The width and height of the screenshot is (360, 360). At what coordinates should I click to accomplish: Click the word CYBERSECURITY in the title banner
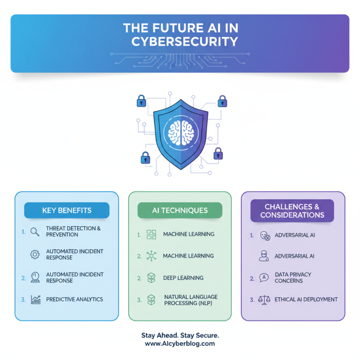184,42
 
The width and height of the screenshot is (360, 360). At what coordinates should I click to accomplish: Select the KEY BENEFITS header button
67,210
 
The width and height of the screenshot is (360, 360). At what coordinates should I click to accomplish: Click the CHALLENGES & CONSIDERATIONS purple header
292,211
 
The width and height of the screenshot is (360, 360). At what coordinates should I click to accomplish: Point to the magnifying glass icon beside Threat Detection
35,232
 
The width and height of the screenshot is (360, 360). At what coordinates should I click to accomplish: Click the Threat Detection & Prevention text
73,231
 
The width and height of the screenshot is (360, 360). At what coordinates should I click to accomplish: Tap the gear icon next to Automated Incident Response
35,254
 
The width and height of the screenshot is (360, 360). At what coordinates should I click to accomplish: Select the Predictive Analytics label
74,299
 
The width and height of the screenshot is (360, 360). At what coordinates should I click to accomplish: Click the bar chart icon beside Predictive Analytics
36,300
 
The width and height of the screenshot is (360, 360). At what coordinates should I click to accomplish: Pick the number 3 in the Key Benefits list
23,299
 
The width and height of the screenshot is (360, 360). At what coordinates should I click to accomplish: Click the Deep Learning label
183,278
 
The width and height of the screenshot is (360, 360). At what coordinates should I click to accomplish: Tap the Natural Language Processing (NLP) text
190,300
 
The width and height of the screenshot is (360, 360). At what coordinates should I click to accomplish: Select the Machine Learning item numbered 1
188,234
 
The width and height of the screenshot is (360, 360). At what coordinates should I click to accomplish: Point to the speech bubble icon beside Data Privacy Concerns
264,278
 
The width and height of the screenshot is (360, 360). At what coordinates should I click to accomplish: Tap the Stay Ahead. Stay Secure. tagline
180,336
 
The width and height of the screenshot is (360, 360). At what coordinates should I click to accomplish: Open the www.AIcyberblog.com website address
180,343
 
